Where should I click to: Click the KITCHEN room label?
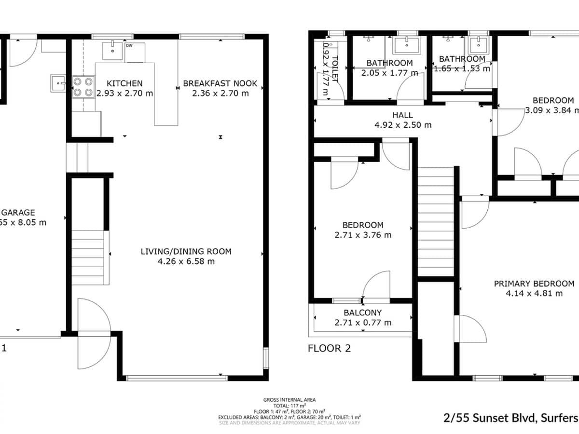click(124, 83)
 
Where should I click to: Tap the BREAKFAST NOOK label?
click(220, 83)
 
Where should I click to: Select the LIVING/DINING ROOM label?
click(186, 251)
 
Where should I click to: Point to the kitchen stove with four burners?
click(83, 87)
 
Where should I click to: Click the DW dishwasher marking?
click(129, 46)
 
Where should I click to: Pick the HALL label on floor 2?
click(402, 115)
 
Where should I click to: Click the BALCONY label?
click(362, 313)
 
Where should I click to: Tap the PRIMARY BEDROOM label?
click(534, 284)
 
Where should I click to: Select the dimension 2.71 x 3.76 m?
click(363, 235)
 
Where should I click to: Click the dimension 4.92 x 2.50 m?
click(403, 125)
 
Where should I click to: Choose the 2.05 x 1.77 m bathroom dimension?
click(389, 73)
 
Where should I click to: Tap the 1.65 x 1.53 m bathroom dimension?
click(462, 68)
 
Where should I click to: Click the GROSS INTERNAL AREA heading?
click(289, 400)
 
